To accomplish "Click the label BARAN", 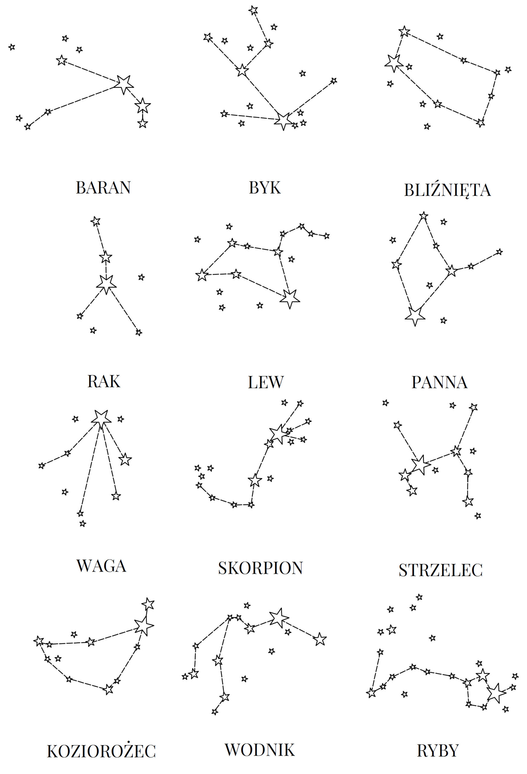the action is pos(103,187).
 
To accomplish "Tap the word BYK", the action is pos(265,188).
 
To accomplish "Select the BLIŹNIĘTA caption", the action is pos(448,190).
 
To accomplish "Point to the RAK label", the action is pos(104,382).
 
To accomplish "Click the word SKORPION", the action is pos(261,568).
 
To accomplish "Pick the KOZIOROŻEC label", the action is pos(101,751).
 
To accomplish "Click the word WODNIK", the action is pos(260,750).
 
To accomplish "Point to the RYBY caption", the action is pos(438,751).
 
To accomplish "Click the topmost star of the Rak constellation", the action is pos(95,221).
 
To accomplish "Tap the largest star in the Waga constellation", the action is pos(101,419).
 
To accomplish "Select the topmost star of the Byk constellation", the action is pos(253,10).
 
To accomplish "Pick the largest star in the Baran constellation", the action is pos(124,84).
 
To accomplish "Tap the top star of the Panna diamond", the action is pos(423,216).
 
